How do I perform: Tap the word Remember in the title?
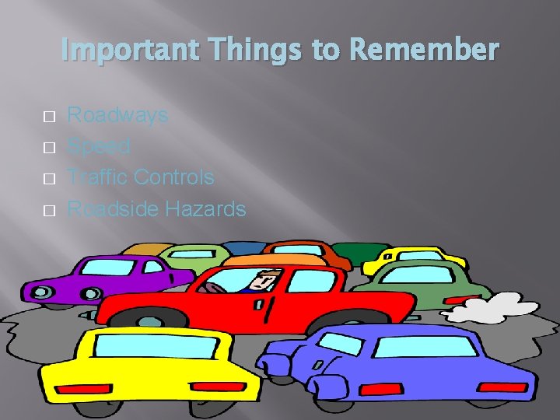425,50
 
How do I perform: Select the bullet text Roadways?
117,115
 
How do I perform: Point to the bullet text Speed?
99,146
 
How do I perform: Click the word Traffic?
98,177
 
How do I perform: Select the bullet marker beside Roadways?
49,117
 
